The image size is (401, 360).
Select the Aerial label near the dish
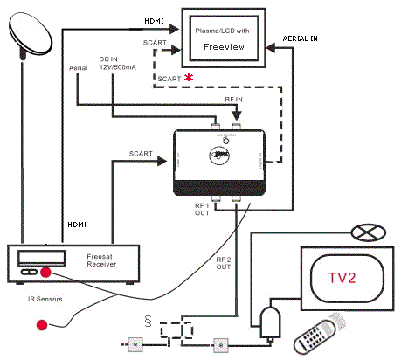78,67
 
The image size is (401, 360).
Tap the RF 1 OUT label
202,209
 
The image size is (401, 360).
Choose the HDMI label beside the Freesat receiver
78,225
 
